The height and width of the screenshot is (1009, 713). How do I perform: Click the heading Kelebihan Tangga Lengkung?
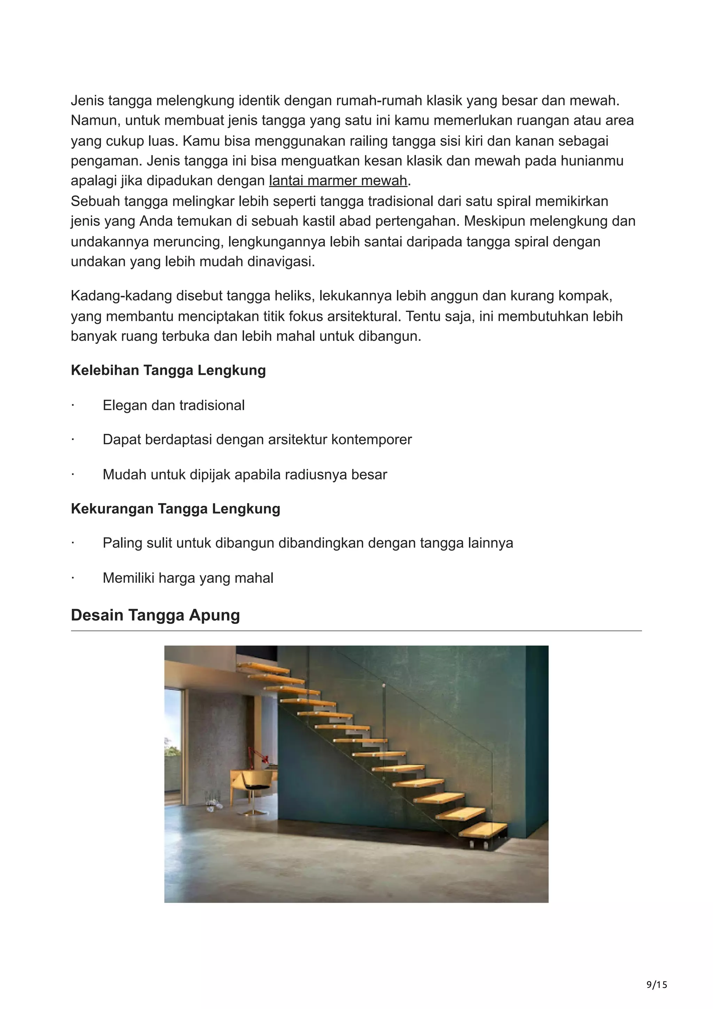[x=168, y=370]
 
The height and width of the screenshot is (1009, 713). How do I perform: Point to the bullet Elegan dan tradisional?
[x=173, y=405]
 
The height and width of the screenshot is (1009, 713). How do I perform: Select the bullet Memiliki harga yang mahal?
[x=188, y=578]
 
